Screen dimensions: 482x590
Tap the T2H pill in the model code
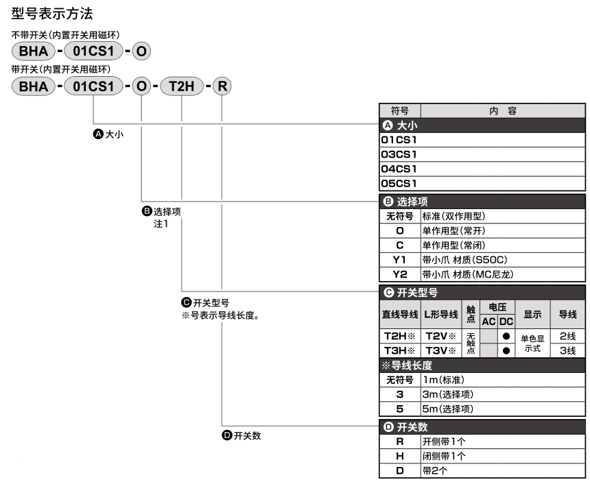point(182,87)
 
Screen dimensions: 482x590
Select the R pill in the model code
point(223,87)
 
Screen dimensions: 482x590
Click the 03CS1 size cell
point(399,153)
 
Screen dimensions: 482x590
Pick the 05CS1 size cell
point(399,182)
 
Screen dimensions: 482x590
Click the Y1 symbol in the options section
point(400,260)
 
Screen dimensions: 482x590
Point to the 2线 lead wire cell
point(567,337)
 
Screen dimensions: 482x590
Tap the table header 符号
point(400,110)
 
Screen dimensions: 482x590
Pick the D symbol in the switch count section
point(400,470)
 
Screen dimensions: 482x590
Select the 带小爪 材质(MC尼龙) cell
point(467,274)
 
